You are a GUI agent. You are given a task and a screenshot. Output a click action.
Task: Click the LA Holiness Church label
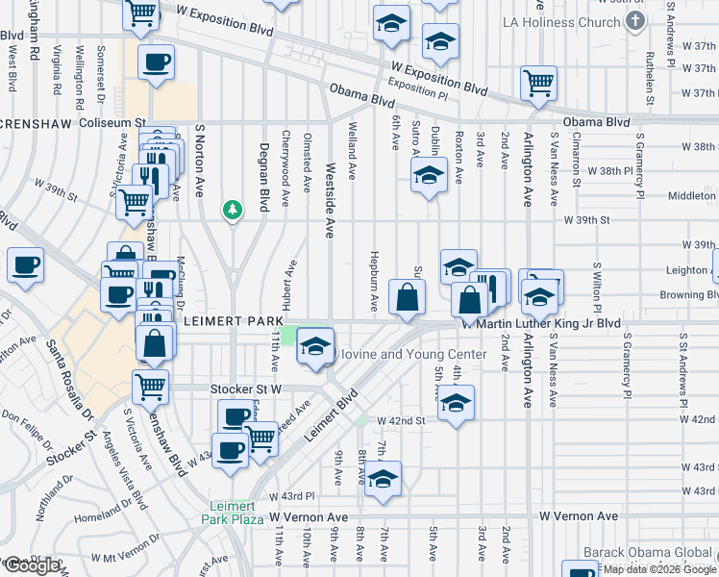click(569, 22)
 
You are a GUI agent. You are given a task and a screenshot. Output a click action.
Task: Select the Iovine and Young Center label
click(414, 355)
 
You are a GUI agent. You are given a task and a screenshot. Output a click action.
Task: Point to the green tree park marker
click(232, 209)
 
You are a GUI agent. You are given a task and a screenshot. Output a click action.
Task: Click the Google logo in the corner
click(32, 565)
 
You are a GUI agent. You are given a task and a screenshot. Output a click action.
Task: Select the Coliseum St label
click(112, 122)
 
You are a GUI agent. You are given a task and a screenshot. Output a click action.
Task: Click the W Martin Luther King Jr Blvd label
click(541, 324)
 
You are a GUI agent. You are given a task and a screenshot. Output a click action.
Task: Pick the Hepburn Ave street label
click(374, 282)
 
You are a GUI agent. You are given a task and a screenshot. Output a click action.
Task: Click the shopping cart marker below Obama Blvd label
click(538, 83)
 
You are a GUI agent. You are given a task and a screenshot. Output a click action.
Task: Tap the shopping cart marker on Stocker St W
click(150, 386)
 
